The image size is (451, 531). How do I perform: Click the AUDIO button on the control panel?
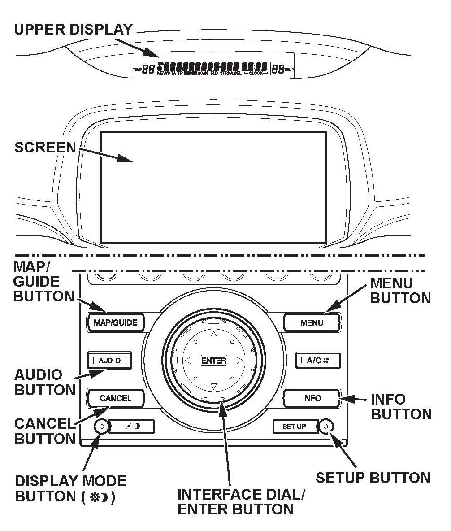click(x=109, y=360)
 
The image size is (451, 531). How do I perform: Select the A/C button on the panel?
click(x=317, y=360)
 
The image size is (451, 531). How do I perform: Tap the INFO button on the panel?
click(x=312, y=398)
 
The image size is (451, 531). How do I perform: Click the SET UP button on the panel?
click(x=294, y=427)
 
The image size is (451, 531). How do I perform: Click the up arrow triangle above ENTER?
click(x=214, y=335)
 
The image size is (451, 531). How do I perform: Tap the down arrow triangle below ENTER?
click(x=214, y=386)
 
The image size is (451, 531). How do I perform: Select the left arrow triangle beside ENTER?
click(x=188, y=360)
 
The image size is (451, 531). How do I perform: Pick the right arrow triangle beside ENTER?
click(x=239, y=360)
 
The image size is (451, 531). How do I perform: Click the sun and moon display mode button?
click(x=132, y=427)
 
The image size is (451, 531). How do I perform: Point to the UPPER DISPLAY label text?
click(x=74, y=30)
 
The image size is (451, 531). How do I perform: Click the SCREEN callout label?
click(x=45, y=148)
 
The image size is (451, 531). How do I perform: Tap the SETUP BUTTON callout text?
click(x=373, y=478)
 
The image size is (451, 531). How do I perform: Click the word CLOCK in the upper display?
click(x=256, y=73)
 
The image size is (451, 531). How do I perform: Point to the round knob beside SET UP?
click(x=326, y=427)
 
